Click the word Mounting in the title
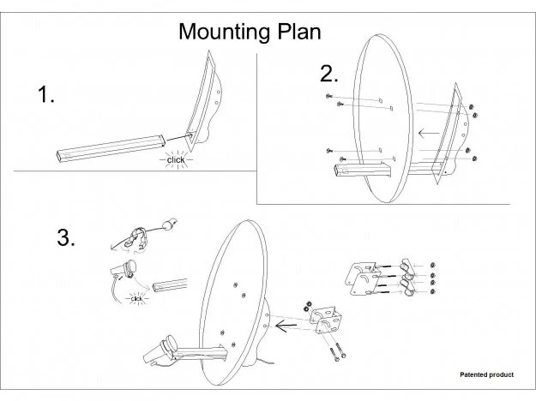click(x=226, y=33)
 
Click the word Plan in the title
click(x=299, y=32)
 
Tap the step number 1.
click(x=45, y=94)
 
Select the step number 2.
click(x=328, y=74)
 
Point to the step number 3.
click(x=66, y=237)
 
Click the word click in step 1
click(x=176, y=160)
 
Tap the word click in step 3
click(x=136, y=299)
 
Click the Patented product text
click(x=486, y=374)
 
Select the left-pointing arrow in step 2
click(x=429, y=133)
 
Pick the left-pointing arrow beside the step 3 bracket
click(x=286, y=326)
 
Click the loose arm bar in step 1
click(x=111, y=148)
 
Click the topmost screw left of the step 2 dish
click(x=328, y=96)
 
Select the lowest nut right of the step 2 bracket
click(x=474, y=159)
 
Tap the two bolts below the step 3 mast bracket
click(x=337, y=351)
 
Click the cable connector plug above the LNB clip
click(x=170, y=224)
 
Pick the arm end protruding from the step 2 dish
click(x=362, y=171)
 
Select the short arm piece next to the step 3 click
click(x=170, y=284)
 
